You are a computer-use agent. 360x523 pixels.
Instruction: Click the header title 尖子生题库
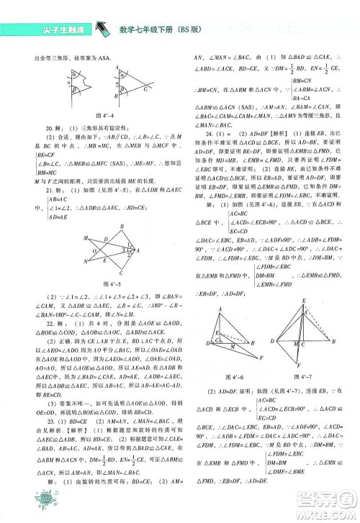[x=48, y=29]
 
